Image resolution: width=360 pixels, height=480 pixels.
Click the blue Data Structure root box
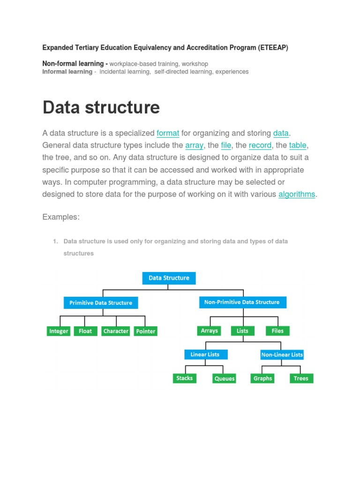[x=169, y=278]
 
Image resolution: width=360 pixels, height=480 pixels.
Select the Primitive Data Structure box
[x=101, y=303]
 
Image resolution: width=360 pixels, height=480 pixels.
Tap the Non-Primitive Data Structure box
[x=242, y=302]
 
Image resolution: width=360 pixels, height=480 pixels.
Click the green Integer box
[x=59, y=331]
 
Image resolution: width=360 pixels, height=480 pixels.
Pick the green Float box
[x=85, y=331]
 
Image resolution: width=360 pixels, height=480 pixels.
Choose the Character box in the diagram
[x=116, y=331]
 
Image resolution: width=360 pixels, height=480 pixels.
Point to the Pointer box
[x=145, y=331]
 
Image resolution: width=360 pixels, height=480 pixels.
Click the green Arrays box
[x=209, y=331]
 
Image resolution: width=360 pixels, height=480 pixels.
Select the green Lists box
[x=242, y=331]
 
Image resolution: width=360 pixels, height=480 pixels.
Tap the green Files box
[x=277, y=331]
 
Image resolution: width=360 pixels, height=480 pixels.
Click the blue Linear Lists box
[x=205, y=354]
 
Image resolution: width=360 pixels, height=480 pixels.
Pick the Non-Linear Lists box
[x=282, y=355]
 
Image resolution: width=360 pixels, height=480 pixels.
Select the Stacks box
[x=184, y=378]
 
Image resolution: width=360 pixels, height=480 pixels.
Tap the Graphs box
[x=262, y=378]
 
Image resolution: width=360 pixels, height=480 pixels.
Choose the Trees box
[x=301, y=378]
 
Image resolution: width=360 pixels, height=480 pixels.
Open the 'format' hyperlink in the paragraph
[x=168, y=133]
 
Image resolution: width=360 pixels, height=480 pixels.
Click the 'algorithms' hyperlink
[x=297, y=194]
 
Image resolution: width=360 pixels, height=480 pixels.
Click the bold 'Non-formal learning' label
[x=73, y=63]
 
